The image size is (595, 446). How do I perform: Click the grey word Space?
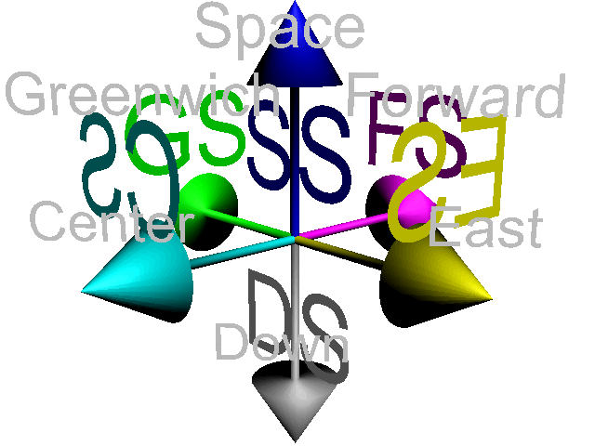[279, 28]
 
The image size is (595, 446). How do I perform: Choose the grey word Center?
[112, 223]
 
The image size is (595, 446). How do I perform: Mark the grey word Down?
[279, 344]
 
